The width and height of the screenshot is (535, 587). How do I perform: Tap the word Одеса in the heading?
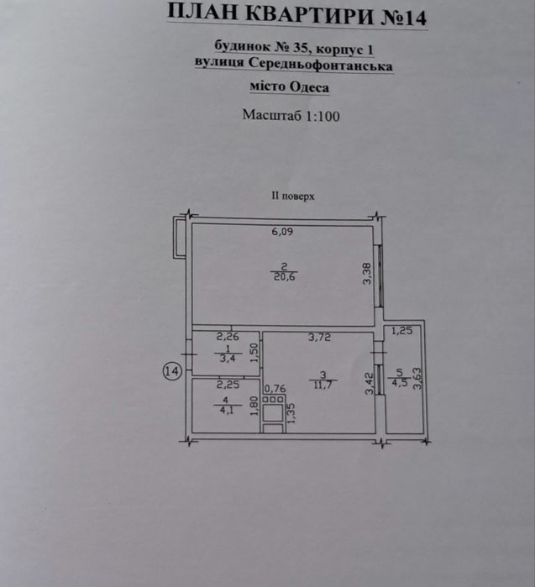click(307, 86)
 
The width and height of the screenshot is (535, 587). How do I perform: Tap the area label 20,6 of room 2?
click(283, 277)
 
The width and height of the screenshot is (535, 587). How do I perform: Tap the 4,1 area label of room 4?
click(226, 411)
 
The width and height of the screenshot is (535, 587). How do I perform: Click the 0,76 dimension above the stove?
click(275, 390)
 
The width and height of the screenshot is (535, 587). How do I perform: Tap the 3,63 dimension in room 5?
click(417, 380)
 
